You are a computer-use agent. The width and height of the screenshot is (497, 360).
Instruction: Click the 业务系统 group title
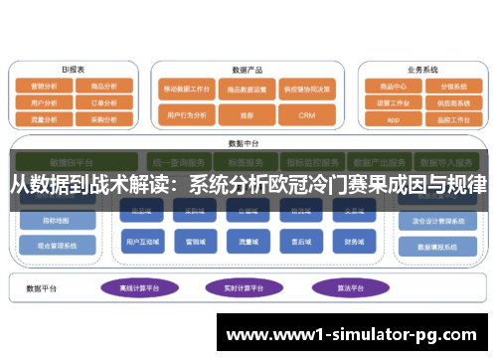click(x=421, y=70)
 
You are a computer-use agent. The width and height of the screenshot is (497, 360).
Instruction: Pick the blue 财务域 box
click(x=353, y=241)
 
